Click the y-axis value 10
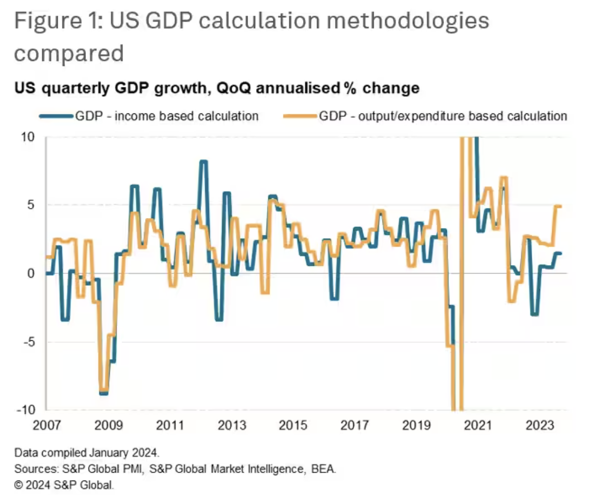click(x=28, y=137)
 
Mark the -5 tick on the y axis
click(x=28, y=342)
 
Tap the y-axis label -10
click(x=25, y=410)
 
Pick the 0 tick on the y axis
click(x=31, y=274)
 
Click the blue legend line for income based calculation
click(x=57, y=116)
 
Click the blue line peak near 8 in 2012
click(x=203, y=161)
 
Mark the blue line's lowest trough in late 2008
click(x=104, y=393)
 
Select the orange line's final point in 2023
click(x=560, y=206)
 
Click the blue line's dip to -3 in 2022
click(x=534, y=314)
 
